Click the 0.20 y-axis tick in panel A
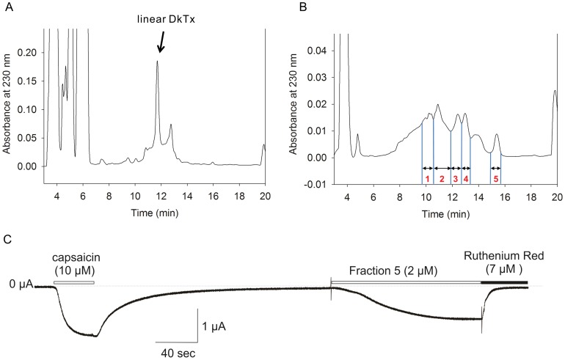(x=28, y=53)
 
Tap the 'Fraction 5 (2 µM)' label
(x=394, y=271)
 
